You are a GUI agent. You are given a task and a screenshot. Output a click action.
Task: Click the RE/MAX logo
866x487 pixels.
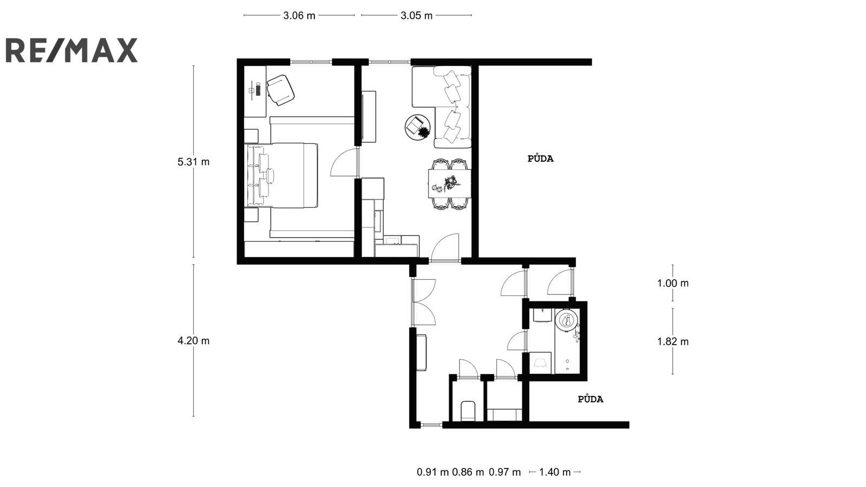coord(71,50)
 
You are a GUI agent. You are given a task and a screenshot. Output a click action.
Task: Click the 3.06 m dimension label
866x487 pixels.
coord(299,16)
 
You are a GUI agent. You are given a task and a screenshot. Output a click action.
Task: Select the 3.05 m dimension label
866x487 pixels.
coord(416,16)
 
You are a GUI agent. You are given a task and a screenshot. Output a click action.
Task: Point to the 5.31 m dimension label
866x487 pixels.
coord(193,162)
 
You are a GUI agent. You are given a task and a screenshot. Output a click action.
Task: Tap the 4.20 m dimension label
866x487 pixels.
coord(193,341)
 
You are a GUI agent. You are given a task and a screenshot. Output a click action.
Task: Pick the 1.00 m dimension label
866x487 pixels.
coord(673,284)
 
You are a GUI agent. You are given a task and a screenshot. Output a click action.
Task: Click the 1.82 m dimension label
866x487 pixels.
coord(673,341)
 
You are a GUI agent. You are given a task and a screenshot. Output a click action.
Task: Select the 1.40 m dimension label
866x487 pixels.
coord(555,472)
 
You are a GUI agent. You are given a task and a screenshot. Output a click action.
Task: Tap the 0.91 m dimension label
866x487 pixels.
coord(432,472)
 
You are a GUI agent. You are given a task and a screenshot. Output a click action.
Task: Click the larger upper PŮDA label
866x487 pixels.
coord(541,159)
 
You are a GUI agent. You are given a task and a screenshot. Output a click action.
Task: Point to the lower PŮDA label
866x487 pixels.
coord(591,399)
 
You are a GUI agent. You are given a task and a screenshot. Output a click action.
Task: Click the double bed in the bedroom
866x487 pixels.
coord(282,175)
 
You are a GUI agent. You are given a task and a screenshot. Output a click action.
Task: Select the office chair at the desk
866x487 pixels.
coord(281,90)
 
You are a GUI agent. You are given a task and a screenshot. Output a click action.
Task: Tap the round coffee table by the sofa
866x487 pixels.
coord(417,127)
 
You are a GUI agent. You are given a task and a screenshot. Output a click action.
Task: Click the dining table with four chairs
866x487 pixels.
coord(450,184)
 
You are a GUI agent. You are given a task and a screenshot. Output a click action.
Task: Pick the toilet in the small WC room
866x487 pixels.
coord(468,411)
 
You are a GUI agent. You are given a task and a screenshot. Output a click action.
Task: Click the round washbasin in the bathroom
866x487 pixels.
coord(567,320)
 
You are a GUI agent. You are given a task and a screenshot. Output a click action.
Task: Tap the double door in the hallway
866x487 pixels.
coord(424,302)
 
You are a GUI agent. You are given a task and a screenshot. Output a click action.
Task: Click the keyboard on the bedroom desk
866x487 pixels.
coord(258,90)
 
